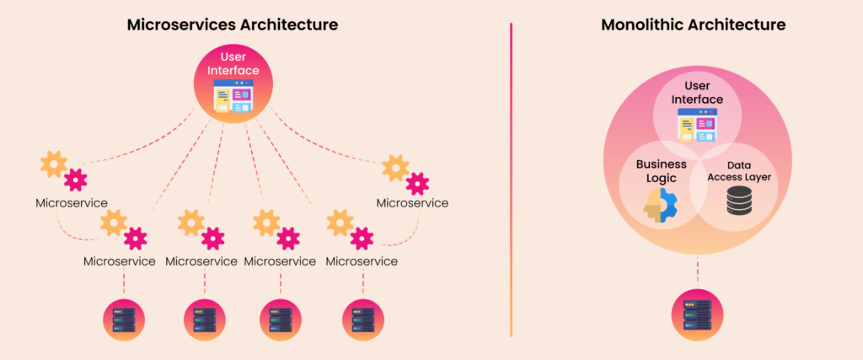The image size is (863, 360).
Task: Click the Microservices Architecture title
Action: [x=233, y=24]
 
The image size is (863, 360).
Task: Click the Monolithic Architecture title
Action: [x=694, y=24]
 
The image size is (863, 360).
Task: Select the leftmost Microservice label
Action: [x=72, y=203]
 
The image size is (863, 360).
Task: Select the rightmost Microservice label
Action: [x=412, y=203]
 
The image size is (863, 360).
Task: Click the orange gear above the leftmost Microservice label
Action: [x=54, y=164]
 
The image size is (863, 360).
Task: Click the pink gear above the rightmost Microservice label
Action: [x=416, y=184]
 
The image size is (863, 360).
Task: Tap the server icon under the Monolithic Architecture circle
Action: [x=696, y=314]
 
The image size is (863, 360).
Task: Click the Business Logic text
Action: [x=662, y=170]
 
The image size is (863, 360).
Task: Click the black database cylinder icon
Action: [x=739, y=201]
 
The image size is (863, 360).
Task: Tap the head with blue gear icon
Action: [x=660, y=205]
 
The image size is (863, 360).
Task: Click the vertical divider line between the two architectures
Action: [x=511, y=180]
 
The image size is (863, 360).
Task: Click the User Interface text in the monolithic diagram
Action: [x=697, y=93]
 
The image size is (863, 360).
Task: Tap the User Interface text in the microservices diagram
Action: [x=233, y=63]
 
